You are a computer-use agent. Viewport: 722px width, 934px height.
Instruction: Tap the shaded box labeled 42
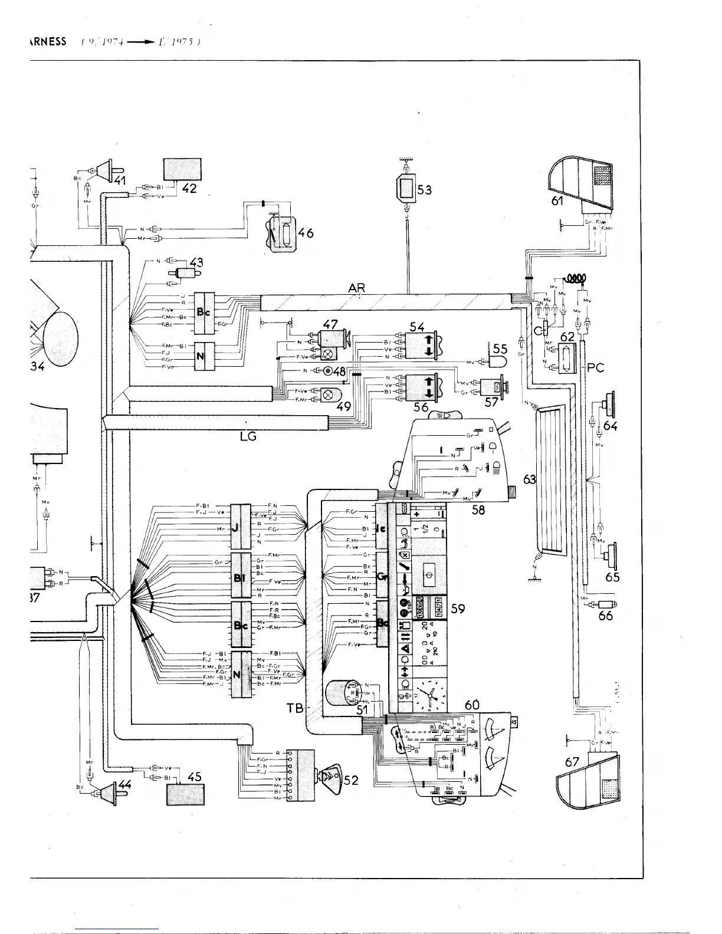click(181, 169)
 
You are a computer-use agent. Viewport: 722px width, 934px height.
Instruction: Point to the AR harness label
click(356, 288)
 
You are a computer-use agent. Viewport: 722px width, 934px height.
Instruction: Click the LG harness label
click(248, 436)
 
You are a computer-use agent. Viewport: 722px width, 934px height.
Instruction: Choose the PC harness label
click(596, 368)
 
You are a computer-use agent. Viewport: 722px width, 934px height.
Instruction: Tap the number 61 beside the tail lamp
click(557, 202)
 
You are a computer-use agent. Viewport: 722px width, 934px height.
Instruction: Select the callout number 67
click(572, 761)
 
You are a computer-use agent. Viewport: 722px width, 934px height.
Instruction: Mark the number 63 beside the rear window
click(529, 479)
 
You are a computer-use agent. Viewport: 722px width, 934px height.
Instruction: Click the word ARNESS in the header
click(48, 42)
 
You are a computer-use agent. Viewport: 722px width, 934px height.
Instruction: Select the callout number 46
click(306, 233)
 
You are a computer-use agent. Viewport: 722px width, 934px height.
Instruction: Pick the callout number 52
click(350, 781)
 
